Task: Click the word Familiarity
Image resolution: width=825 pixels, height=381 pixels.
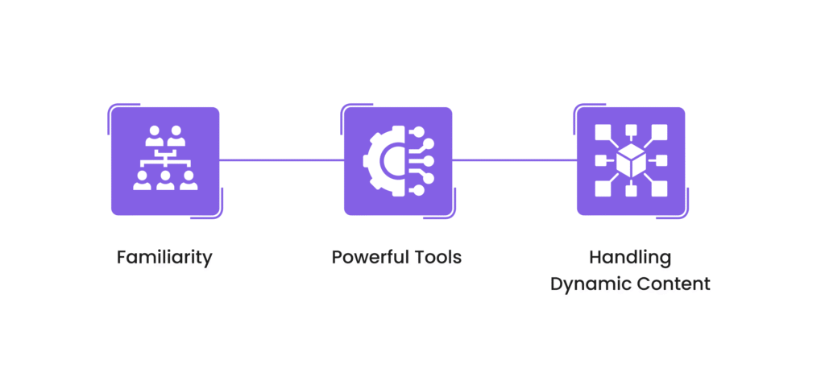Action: pos(164,258)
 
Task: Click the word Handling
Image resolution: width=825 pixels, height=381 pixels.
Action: pos(630,258)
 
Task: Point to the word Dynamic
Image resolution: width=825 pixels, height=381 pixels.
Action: pos(587,284)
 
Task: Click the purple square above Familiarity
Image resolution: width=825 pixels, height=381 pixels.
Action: pos(165,161)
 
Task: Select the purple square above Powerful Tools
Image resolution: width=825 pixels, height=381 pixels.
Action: pos(398,161)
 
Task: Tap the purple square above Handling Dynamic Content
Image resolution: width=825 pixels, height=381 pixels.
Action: pos(631,161)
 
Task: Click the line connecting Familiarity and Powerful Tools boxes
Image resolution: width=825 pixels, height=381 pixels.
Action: pos(281,160)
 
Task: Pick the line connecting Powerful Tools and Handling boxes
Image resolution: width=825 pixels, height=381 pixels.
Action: pos(514,160)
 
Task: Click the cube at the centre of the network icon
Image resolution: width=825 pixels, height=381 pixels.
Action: pos(631,160)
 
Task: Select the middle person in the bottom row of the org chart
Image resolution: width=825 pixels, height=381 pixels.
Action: pos(165,181)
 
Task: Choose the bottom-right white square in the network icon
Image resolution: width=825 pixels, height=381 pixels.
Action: pos(659,188)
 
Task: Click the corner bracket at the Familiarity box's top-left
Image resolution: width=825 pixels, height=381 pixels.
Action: pos(112,108)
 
